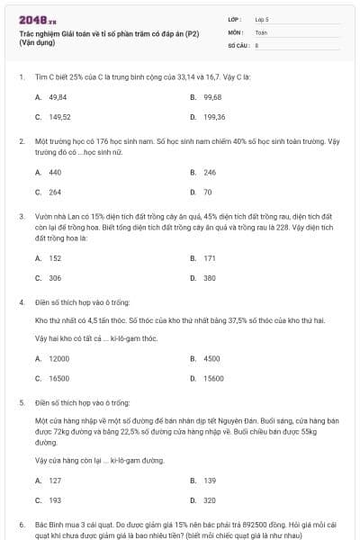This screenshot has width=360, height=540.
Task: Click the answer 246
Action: click(210, 171)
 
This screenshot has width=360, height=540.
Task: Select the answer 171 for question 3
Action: click(210, 257)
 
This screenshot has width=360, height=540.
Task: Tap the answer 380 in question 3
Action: click(210, 278)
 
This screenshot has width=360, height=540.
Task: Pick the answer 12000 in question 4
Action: click(58, 357)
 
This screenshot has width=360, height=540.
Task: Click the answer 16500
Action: click(58, 378)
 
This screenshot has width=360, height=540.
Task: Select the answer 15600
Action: click(213, 378)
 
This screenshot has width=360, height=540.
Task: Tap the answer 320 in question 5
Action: click(210, 499)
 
